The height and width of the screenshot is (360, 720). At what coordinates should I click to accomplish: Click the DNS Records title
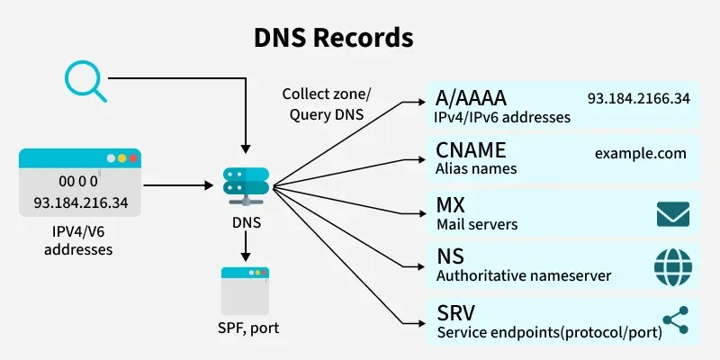(332, 38)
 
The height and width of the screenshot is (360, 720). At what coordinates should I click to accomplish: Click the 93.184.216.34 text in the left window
(81, 202)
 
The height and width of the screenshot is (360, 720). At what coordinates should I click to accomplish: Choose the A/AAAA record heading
(469, 98)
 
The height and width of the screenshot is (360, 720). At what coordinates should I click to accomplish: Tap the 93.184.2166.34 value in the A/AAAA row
(638, 98)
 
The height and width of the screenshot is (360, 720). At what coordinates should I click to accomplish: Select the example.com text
(641, 153)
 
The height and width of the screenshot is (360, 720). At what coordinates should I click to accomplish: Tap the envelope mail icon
(672, 213)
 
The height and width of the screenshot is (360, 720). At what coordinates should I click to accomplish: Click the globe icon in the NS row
(672, 266)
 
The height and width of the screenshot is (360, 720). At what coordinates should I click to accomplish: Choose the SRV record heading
(455, 312)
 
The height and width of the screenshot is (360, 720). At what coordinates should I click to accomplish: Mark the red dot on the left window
(133, 158)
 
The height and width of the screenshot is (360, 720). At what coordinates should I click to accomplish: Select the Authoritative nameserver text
(523, 275)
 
